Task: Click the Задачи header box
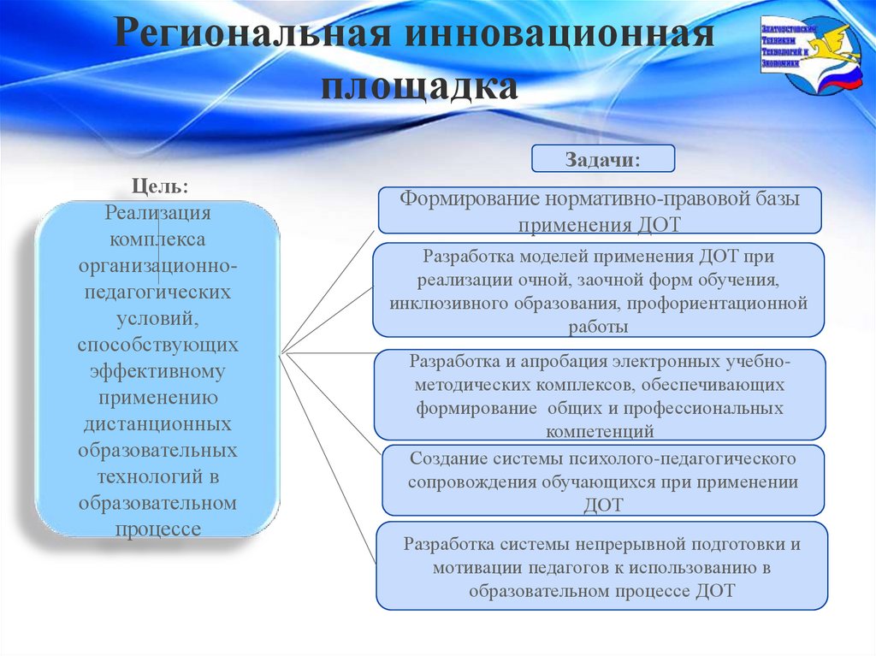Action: tap(603, 159)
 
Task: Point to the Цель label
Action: tap(160, 184)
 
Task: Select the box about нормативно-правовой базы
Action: tap(600, 210)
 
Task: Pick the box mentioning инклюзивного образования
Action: tap(598, 290)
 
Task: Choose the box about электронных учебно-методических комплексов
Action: tap(600, 393)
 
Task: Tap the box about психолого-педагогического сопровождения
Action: tap(602, 480)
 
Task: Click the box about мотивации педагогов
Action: tap(602, 566)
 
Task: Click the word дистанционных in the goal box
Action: tap(157, 424)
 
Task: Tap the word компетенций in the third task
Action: tap(600, 430)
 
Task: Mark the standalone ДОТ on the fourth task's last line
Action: tap(603, 505)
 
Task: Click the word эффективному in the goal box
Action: tap(157, 371)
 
